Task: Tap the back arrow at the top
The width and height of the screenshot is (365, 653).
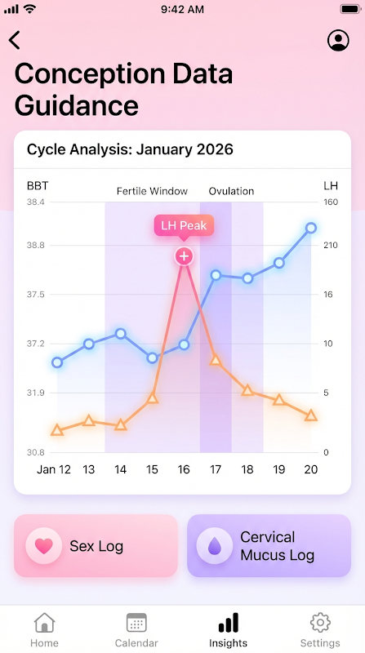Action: click(15, 40)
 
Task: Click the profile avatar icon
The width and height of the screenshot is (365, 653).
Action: click(338, 40)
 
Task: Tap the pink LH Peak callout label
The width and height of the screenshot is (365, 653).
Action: click(184, 226)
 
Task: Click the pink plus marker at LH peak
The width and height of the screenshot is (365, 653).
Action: click(184, 255)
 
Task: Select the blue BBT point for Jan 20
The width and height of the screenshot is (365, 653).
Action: click(311, 228)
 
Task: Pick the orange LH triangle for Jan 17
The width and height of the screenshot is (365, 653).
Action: click(216, 359)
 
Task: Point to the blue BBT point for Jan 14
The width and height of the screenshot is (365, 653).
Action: click(120, 333)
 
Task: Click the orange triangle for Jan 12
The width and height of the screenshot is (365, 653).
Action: click(57, 430)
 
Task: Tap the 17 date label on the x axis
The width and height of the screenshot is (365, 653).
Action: click(216, 469)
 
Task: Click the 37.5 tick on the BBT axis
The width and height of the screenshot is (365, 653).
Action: click(36, 295)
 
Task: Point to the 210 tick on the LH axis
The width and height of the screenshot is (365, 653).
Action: click(331, 246)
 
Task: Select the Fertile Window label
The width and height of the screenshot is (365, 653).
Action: click(152, 191)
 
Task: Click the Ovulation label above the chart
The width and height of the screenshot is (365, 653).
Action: click(231, 191)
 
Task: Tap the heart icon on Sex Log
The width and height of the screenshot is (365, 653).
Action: click(44, 546)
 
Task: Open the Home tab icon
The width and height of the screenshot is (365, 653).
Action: click(44, 623)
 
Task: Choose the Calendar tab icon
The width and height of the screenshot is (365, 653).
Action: click(136, 623)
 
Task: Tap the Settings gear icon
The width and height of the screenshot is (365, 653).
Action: click(320, 623)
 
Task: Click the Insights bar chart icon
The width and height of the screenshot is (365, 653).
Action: click(229, 623)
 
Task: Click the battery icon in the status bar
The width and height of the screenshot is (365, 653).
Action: click(350, 9)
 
